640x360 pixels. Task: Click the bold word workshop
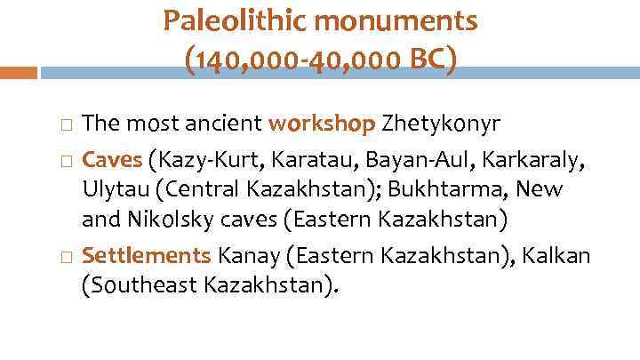(322, 124)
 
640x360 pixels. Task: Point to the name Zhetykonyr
(434, 124)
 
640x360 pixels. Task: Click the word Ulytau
(112, 190)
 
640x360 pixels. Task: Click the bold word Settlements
(146, 257)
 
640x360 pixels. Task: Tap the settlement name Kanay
(244, 257)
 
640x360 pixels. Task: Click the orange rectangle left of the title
(19, 72)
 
